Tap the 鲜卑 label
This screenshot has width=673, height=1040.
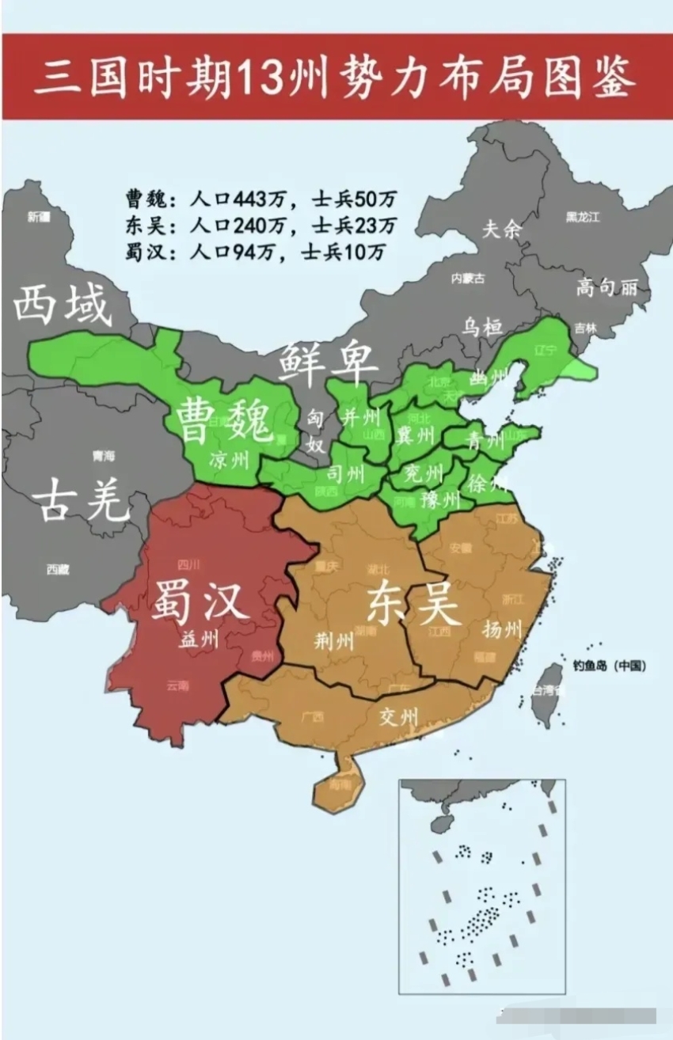(329, 365)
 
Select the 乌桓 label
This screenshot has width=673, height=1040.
(482, 325)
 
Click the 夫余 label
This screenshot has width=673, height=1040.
(502, 230)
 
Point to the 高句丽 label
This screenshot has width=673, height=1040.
(606, 287)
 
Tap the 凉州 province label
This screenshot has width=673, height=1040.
(229, 459)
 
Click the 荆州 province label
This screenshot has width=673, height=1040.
(333, 640)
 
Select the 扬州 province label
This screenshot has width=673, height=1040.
(502, 629)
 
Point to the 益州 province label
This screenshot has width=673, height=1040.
(198, 640)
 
